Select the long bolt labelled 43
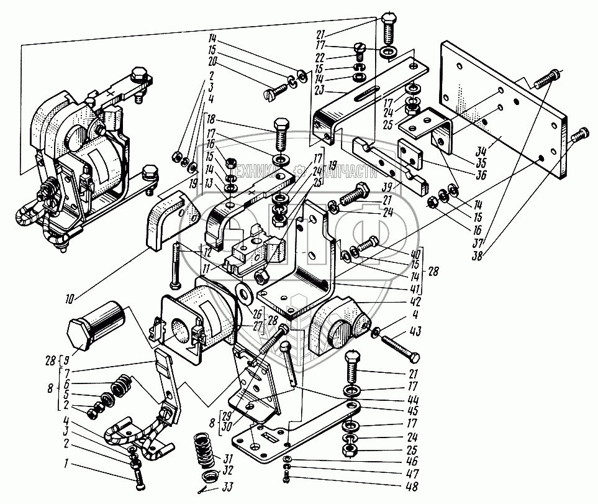click(398, 347)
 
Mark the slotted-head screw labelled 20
click(274, 89)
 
